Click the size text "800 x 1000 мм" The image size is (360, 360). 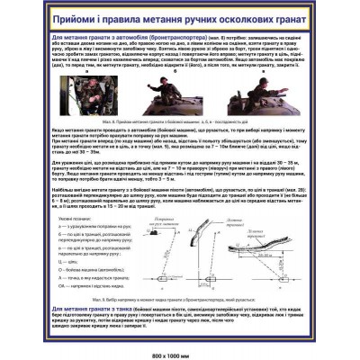180,346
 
